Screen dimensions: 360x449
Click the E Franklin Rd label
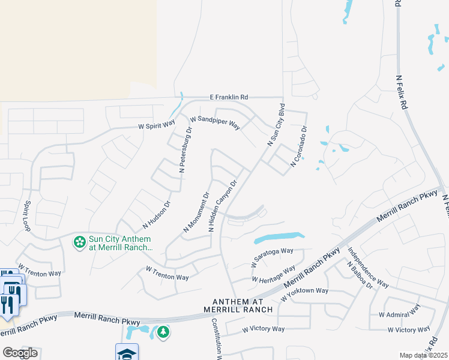click(229, 97)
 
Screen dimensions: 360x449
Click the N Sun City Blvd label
click(276, 125)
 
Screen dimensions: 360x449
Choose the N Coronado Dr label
click(299, 146)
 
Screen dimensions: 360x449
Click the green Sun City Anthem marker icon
click(79, 242)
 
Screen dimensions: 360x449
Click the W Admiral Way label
click(399, 313)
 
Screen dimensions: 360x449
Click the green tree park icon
click(163, 332)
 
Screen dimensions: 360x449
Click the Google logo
click(19, 353)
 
